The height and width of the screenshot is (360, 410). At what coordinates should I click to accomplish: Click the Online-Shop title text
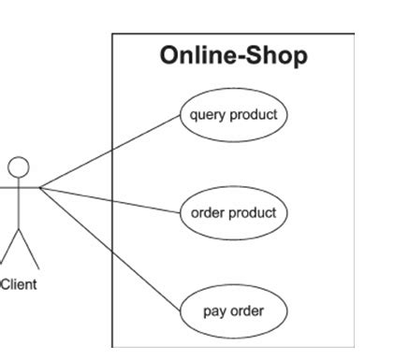[x=233, y=56]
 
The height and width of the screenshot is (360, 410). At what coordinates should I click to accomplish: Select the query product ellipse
[x=233, y=116]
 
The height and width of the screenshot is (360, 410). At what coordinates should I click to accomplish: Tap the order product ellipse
[x=233, y=213]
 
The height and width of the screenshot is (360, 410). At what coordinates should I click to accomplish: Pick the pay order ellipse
[x=233, y=310]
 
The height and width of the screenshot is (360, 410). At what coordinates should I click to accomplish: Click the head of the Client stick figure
[x=19, y=167]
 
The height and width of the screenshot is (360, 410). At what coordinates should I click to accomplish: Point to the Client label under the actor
[x=19, y=284]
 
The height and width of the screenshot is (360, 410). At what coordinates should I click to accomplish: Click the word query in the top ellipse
[x=208, y=116]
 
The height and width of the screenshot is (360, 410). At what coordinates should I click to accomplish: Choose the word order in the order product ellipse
[x=208, y=213]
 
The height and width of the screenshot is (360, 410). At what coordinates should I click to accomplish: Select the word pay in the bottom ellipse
[x=214, y=311]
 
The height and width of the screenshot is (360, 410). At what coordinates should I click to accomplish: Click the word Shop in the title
[x=280, y=56]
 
